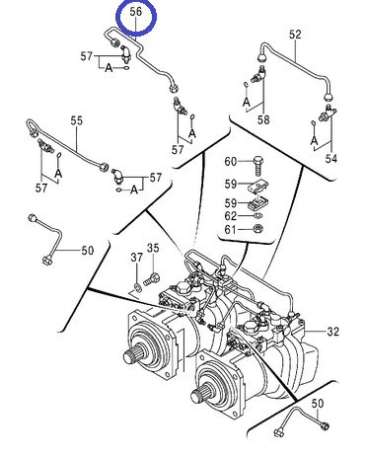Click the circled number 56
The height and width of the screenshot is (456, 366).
pyautogui.click(x=135, y=12)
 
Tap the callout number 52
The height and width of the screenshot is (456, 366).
pyautogui.click(x=295, y=35)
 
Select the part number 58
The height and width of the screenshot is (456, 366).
pyautogui.click(x=263, y=119)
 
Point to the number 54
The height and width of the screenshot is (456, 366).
pyautogui.click(x=331, y=159)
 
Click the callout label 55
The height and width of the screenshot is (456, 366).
pyautogui.click(x=77, y=120)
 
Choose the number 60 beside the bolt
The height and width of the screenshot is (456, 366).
pyautogui.click(x=231, y=162)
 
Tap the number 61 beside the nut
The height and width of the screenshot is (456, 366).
pyautogui.click(x=230, y=229)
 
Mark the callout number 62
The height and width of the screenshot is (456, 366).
pyautogui.click(x=231, y=216)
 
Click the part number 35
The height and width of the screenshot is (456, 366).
pyautogui.click(x=153, y=248)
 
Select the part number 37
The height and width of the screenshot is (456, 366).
pyautogui.click(x=137, y=257)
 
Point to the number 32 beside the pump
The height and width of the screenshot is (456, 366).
pyautogui.click(x=332, y=332)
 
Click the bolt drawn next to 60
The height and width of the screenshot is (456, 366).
pyautogui.click(x=258, y=167)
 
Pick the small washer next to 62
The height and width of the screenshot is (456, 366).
pyautogui.click(x=258, y=215)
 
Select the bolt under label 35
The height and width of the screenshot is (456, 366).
pyautogui.click(x=152, y=280)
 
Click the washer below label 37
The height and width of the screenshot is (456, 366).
pyautogui.click(x=137, y=286)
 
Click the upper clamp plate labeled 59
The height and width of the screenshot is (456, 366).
pyautogui.click(x=258, y=186)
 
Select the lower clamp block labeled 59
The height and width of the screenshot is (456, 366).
pyautogui.click(x=258, y=203)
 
